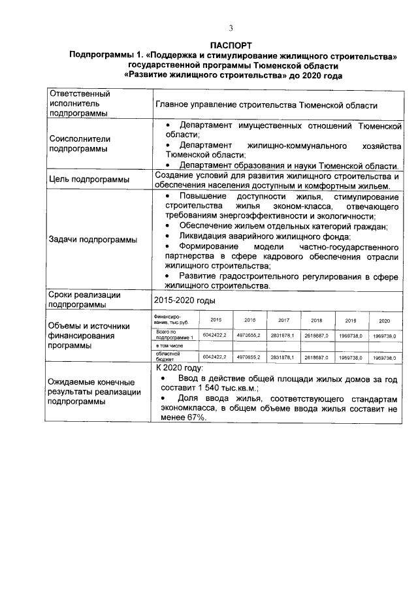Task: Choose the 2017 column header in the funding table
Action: pos(284,321)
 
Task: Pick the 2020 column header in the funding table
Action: pos(384,321)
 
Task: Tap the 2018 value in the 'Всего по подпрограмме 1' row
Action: pos(317,335)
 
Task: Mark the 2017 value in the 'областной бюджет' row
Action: pos(283,358)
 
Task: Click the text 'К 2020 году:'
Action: pos(180,369)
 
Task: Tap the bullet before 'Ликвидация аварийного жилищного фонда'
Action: pos(168,236)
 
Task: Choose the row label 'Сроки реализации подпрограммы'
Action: pos(84,300)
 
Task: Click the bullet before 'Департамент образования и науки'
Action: pos(168,166)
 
